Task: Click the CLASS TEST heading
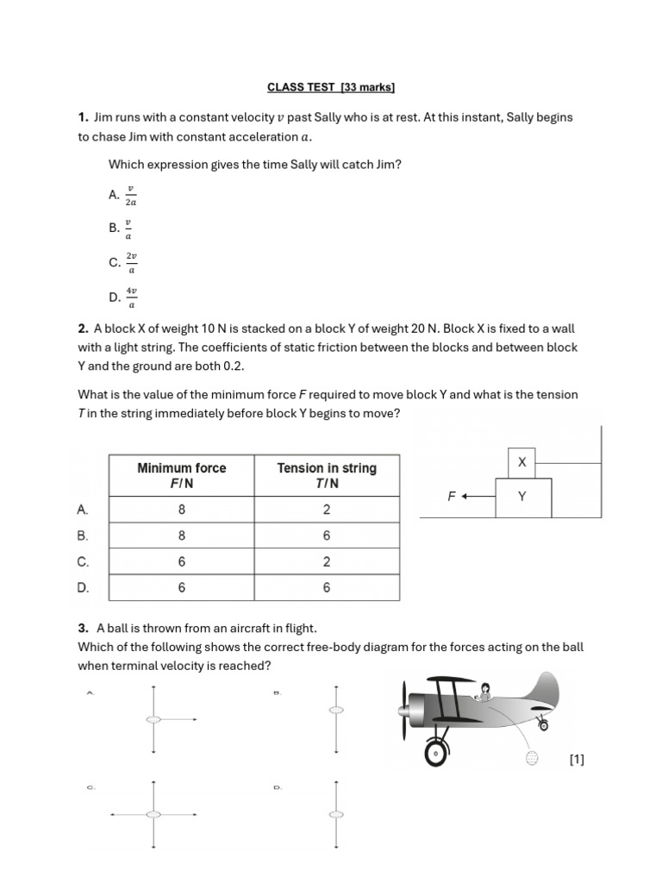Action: pos(330,87)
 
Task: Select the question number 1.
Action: pos(83,117)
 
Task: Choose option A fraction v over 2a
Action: pos(130,196)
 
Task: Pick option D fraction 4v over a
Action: pos(131,297)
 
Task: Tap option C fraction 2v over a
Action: pos(131,263)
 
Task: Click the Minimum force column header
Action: pos(182,475)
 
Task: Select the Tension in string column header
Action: pos(327,475)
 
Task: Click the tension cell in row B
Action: pos(327,535)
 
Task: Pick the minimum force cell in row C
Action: pos(182,561)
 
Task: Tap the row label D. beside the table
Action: pos(83,588)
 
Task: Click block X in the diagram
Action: pos(521,463)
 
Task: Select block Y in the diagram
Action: pos(522,498)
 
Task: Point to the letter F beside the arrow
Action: pos(451,497)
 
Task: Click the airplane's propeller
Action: pos(404,712)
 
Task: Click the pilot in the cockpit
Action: pos(484,691)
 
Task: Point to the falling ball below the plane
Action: pos(533,758)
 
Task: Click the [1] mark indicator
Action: pos(577,760)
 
